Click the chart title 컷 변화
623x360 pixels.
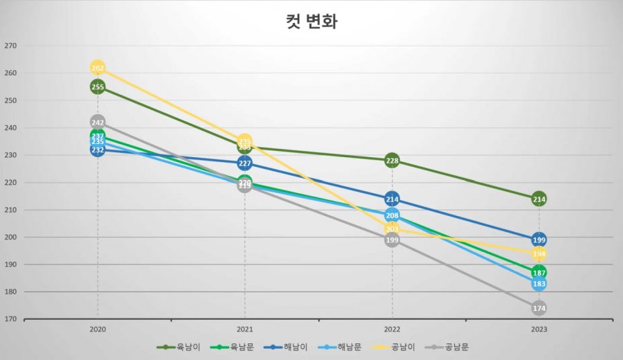pyautogui.click(x=311, y=21)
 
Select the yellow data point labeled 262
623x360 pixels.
pyautogui.click(x=98, y=68)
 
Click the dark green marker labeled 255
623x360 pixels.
pyautogui.click(x=98, y=87)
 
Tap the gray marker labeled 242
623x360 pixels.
pyautogui.click(x=98, y=123)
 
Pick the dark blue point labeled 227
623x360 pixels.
pyautogui.click(x=245, y=163)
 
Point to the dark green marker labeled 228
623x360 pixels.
pyautogui.click(x=392, y=161)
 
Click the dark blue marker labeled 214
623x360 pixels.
pyautogui.click(x=392, y=199)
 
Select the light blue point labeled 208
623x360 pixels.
pyautogui.click(x=392, y=215)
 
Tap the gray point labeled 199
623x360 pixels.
pyautogui.click(x=392, y=240)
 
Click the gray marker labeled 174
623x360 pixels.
pyautogui.click(x=539, y=308)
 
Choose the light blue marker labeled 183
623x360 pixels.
pyautogui.click(x=539, y=284)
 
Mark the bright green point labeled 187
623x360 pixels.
pyautogui.click(x=539, y=273)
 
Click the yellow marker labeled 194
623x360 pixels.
pyautogui.click(x=539, y=254)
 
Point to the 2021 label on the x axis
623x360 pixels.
pyautogui.click(x=245, y=330)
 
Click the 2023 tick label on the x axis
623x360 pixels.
pyautogui.click(x=539, y=330)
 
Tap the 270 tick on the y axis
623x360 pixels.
pyautogui.click(x=10, y=46)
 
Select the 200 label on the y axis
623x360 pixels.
pyautogui.click(x=10, y=237)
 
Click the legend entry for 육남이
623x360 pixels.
pyautogui.click(x=179, y=347)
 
